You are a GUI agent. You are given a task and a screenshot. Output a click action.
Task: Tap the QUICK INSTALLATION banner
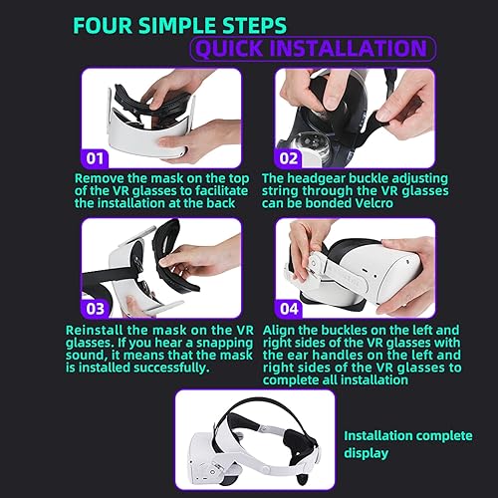(x=312, y=47)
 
